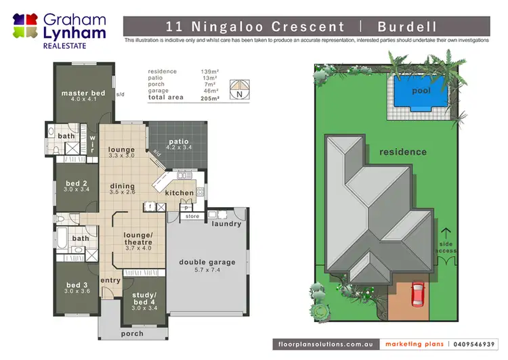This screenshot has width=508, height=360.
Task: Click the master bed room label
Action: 83,93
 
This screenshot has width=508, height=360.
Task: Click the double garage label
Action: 207,263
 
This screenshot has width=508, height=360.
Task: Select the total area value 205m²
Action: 211,98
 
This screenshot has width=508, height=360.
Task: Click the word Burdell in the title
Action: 408,27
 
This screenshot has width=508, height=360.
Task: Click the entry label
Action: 110,279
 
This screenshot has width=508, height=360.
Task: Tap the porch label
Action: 131,334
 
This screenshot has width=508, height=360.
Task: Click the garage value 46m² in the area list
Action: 211,91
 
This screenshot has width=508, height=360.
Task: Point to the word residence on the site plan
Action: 403,152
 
